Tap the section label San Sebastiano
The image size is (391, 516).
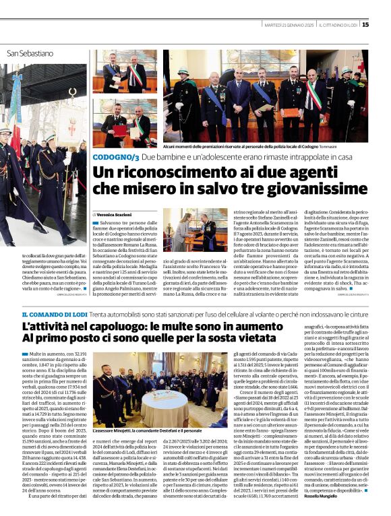(30, 53)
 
